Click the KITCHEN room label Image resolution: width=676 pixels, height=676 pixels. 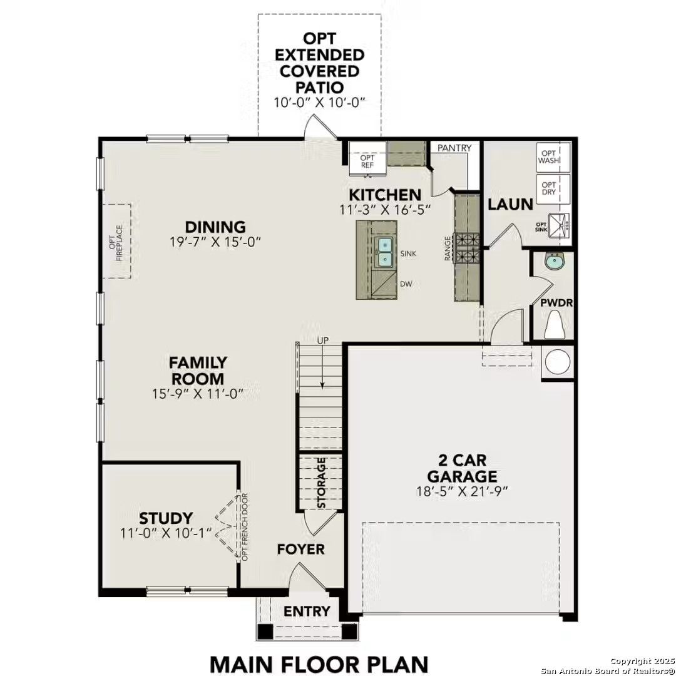pos(385,194)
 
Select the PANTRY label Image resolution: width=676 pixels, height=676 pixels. pos(454,148)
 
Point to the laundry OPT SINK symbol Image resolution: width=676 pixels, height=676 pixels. pos(558,225)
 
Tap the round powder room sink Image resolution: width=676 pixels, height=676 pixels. pos(553,262)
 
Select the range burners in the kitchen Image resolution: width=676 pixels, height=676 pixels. pos(466,247)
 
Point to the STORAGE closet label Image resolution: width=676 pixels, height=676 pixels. pos(322,483)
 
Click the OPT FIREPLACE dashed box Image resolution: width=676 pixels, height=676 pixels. pos(117,241)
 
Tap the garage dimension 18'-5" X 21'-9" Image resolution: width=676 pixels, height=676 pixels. pos(462,491)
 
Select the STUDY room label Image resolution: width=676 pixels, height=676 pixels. pos(166,518)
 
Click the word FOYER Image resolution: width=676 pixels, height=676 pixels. pos(301,550)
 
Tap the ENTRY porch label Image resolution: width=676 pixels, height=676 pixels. pos(307,612)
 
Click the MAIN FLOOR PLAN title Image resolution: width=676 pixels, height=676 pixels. pos(319,663)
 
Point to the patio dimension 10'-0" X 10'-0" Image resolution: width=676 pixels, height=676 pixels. pos(319,102)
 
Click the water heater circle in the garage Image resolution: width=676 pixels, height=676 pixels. pos(556,362)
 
